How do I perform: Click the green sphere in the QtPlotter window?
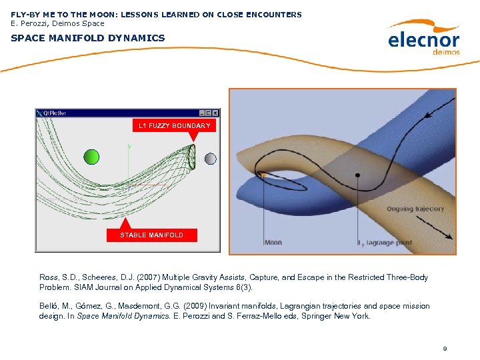coord(91,157)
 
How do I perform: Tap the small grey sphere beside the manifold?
coord(210,159)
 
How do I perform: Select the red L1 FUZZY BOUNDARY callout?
coord(174,125)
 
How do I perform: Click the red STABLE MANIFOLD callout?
coord(151,235)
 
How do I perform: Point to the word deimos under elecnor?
coord(446,52)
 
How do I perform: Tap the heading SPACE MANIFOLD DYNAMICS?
coord(88,38)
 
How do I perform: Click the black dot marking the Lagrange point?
coord(358,175)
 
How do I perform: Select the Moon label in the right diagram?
coord(273,243)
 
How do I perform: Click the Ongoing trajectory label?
coord(415,209)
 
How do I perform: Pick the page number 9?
coord(445,349)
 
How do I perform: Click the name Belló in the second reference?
coord(50,306)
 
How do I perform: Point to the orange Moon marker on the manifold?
coord(264,175)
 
